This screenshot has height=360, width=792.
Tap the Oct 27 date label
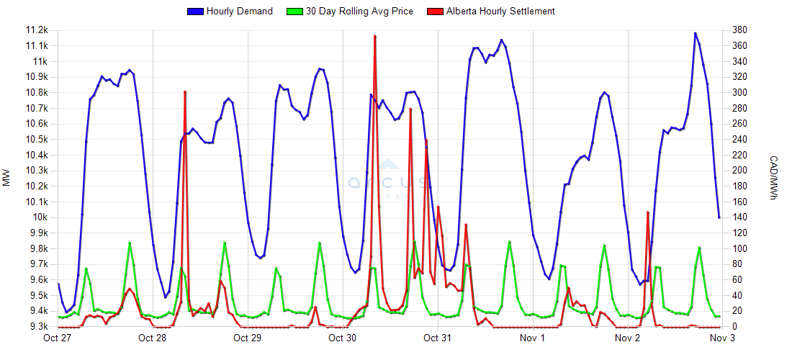click(58, 338)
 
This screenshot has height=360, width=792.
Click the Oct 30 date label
click(342, 338)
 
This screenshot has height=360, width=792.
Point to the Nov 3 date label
click(722, 338)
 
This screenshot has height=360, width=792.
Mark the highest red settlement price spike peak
click(375, 35)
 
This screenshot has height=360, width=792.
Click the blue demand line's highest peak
click(696, 33)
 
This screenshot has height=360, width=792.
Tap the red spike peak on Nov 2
click(648, 212)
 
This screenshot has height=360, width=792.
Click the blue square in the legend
click(195, 11)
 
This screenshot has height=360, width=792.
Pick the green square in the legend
click(295, 11)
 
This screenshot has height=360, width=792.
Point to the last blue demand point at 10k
click(719, 217)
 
